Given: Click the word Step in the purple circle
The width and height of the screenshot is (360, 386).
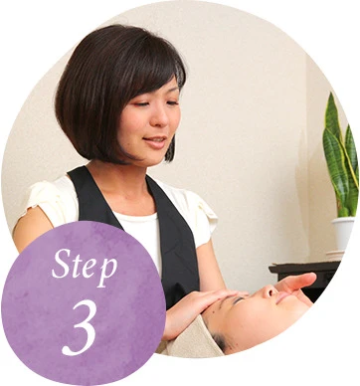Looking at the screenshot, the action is [85, 266].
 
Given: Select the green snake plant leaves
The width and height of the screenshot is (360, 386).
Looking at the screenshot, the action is [341, 156].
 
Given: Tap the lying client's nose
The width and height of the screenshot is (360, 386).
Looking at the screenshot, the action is [269, 291].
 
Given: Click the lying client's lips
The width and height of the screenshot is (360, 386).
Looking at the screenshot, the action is [282, 297].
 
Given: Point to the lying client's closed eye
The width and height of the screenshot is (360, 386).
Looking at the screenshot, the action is [239, 300].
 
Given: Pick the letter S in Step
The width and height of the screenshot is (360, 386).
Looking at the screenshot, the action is [62, 264].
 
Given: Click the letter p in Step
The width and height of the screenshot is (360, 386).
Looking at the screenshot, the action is [106, 272].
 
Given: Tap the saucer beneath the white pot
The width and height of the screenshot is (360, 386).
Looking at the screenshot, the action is [335, 255].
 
